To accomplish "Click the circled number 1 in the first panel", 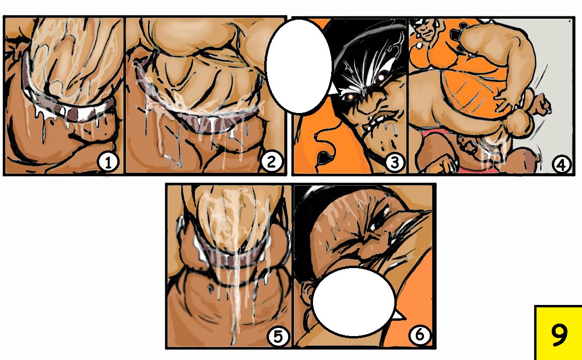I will [108, 163].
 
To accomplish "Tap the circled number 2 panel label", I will [271, 163].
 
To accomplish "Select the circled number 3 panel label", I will [393, 163].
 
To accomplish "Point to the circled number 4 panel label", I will [561, 164].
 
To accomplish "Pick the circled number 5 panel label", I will [278, 337].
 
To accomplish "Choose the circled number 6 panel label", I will [419, 335].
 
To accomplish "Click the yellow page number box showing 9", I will [558, 333].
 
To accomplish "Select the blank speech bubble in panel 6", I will [353, 302].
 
